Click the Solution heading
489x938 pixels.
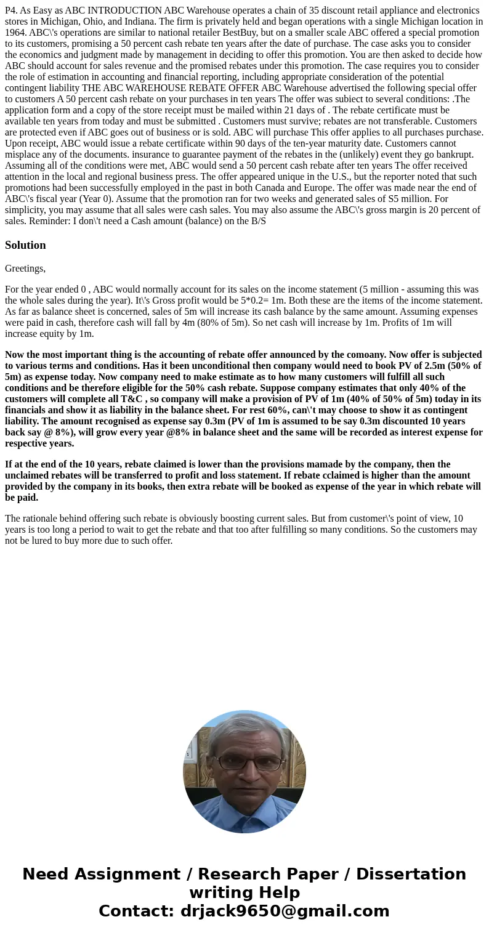tap(25, 245)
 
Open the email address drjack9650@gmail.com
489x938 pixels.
tap(285, 911)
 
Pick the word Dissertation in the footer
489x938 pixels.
tap(411, 874)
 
